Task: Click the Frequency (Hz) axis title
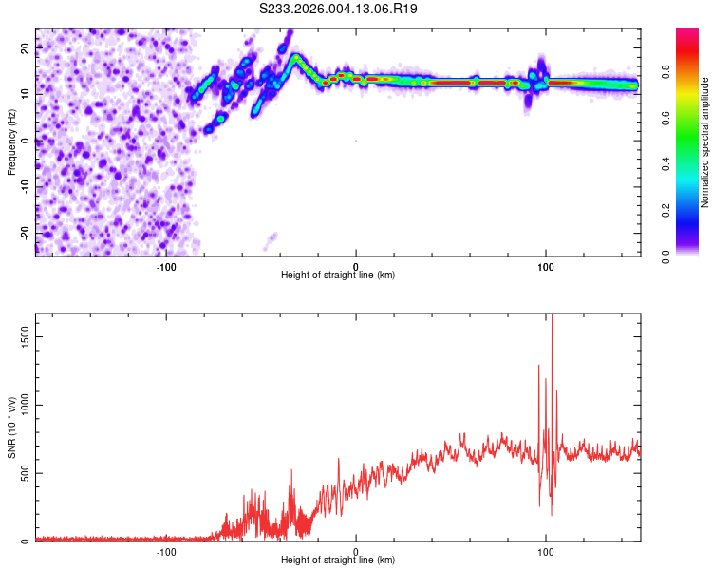click(12, 142)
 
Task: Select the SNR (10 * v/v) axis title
click(12, 428)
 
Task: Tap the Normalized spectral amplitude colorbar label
click(705, 142)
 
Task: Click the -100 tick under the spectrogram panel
click(166, 265)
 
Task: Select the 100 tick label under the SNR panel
click(545, 551)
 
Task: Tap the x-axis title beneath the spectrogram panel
click(338, 275)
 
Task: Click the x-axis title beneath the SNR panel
click(338, 560)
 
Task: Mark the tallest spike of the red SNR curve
click(552, 319)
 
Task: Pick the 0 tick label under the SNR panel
click(356, 551)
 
